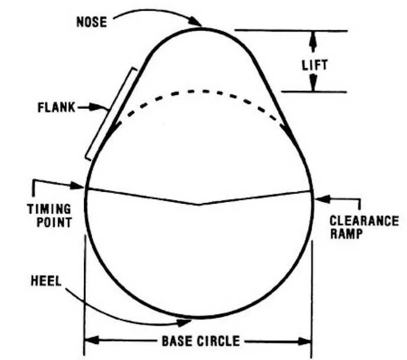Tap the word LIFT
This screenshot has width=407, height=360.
[x=314, y=64]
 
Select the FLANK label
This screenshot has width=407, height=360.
[x=56, y=108]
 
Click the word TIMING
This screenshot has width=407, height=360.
[x=50, y=210]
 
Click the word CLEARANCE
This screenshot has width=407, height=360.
[x=364, y=220]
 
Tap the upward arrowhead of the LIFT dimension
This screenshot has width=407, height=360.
[x=314, y=36]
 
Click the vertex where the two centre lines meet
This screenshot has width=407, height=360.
[x=198, y=204]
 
